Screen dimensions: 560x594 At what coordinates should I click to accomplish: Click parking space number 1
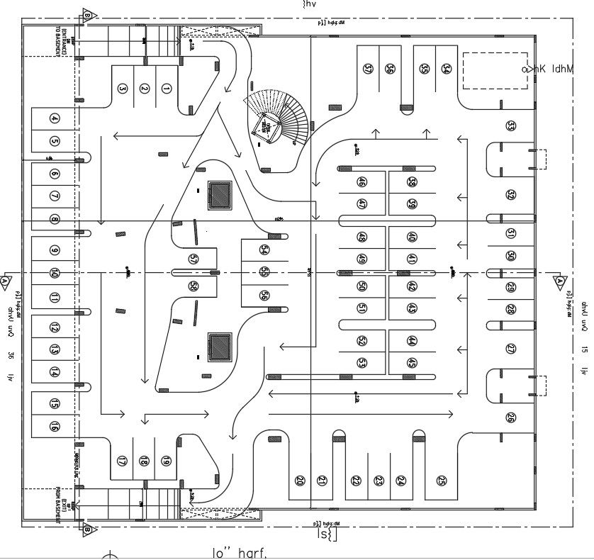click(167, 89)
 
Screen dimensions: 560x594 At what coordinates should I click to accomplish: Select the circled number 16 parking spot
click(54, 426)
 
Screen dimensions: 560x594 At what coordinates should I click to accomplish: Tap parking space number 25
click(442, 481)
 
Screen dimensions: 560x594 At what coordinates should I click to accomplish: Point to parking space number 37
click(367, 69)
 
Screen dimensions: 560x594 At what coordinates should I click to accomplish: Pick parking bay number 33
click(510, 126)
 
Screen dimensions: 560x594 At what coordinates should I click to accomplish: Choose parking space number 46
click(362, 182)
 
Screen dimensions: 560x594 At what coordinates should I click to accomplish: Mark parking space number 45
click(412, 363)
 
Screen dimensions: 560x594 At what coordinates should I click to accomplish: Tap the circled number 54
click(264, 250)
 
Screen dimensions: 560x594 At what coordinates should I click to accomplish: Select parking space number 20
click(299, 481)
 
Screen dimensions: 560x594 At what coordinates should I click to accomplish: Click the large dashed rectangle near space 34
click(495, 69)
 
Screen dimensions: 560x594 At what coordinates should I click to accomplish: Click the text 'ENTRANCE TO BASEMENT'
click(62, 41)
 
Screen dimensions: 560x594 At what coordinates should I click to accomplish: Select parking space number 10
click(54, 273)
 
